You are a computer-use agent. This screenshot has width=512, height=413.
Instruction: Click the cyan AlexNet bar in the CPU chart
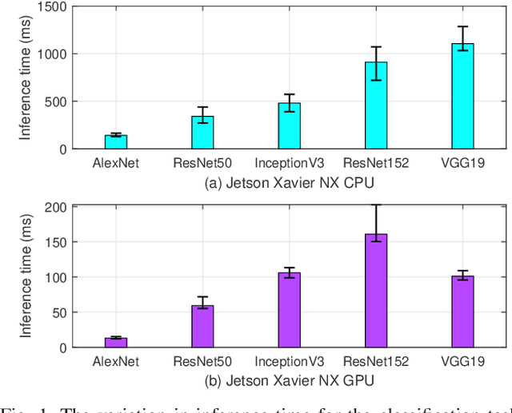pos(117,142)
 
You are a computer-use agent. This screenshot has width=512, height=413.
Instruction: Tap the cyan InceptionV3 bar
pos(289,126)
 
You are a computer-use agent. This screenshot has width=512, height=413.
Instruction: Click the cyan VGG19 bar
pos(462,97)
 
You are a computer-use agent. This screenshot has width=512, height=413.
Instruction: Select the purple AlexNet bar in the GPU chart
pos(117,343)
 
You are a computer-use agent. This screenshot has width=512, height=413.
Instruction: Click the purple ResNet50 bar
pos(202,327)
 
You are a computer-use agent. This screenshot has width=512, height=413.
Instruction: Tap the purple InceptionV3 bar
pos(289,310)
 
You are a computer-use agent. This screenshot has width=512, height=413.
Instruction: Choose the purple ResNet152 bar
pos(376,291)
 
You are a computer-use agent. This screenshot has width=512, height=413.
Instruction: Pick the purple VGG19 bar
pos(462,312)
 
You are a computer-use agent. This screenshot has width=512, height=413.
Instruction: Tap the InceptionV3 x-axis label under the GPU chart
pos(290,362)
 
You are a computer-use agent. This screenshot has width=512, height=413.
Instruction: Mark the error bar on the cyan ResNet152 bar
pos(376,63)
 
